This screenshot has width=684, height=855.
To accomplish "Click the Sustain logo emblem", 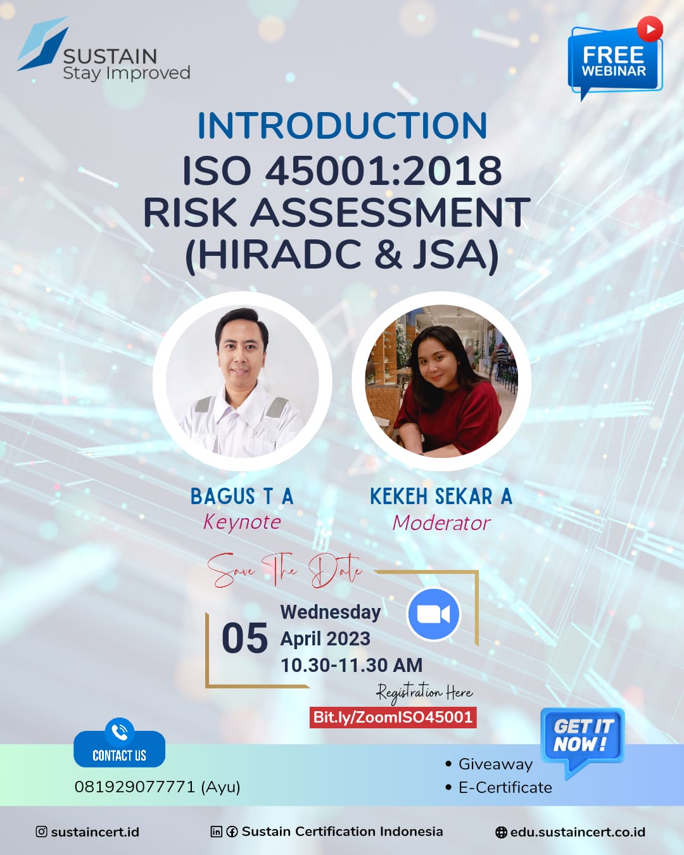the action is [43, 44].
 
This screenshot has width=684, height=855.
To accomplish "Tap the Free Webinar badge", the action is [615, 59].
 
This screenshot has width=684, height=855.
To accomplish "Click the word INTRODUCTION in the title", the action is [342, 126].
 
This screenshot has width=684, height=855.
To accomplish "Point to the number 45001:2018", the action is [383, 171].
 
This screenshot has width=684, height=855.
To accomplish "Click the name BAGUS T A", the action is [242, 497].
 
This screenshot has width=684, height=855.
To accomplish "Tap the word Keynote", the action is [242, 522].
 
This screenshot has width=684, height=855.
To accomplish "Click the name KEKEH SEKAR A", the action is [441, 497].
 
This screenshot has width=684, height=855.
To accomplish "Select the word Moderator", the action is [441, 523].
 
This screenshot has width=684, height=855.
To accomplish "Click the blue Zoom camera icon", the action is [434, 614].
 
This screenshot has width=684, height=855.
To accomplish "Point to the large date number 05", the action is [245, 638].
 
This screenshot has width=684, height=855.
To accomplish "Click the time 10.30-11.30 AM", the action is [351, 666].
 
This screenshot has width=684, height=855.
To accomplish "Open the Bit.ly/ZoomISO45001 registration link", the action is [393, 717].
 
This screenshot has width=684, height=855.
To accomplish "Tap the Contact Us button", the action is [119, 749].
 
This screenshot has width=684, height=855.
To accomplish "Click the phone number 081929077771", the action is [135, 787].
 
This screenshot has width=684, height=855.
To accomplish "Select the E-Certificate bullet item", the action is [500, 787].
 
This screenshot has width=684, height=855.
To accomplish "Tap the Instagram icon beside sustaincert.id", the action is [41, 832].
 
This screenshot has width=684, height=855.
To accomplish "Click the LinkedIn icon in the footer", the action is [216, 832].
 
